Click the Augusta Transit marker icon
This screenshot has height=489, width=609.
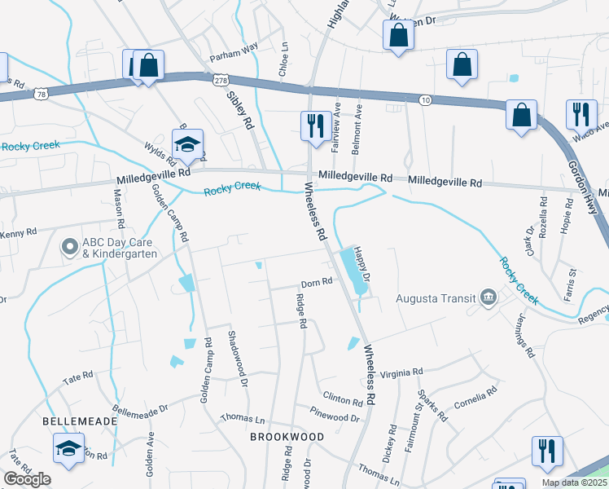(488, 297)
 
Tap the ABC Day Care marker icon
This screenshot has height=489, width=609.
(69, 244)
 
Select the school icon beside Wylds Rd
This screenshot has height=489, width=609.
(187, 145)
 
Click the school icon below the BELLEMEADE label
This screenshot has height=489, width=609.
(68, 447)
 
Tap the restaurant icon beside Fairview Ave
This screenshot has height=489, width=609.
(315, 125)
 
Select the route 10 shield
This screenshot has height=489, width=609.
(425, 99)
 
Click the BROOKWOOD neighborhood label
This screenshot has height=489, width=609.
(287, 437)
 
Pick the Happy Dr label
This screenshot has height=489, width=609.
(363, 267)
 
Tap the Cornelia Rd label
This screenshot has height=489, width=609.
(475, 399)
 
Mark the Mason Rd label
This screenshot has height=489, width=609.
(119, 209)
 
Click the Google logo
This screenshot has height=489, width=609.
(27, 479)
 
